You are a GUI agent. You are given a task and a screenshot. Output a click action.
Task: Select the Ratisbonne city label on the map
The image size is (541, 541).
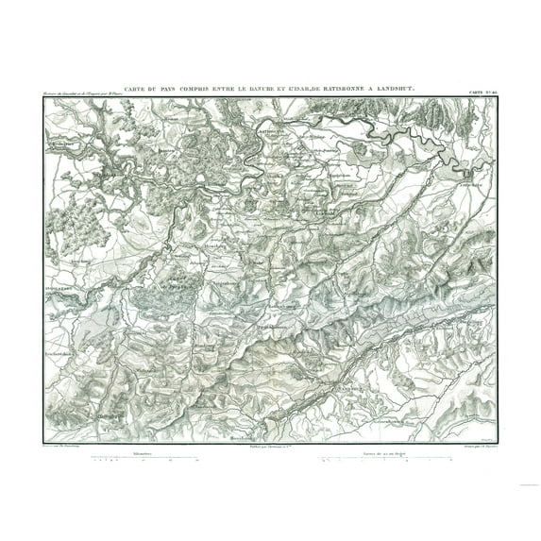pos(274,124)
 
